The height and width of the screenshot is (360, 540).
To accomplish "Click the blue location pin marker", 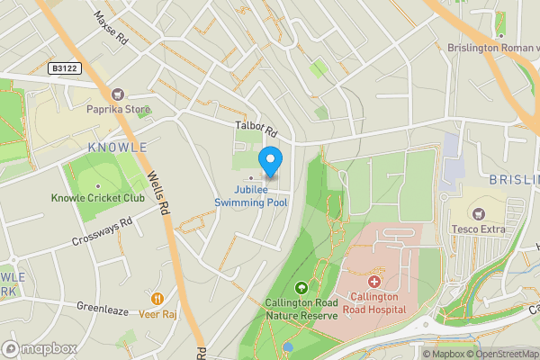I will click(270, 162).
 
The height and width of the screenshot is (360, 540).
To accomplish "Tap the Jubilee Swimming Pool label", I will click(252, 197).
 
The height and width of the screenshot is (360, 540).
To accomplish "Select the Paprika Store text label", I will click(117, 111).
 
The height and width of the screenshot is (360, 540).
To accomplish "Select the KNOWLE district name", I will click(117, 147).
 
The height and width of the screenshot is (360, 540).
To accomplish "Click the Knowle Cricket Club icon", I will click(97, 183).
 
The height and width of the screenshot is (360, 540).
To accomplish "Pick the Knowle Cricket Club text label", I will click(97, 198).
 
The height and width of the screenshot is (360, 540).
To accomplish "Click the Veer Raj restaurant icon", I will click(157, 298).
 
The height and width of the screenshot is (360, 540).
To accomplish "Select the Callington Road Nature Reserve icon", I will click(301, 288).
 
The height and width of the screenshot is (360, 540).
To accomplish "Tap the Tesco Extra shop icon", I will click(477, 213).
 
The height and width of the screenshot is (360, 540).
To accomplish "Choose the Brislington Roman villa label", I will click(493, 47).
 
